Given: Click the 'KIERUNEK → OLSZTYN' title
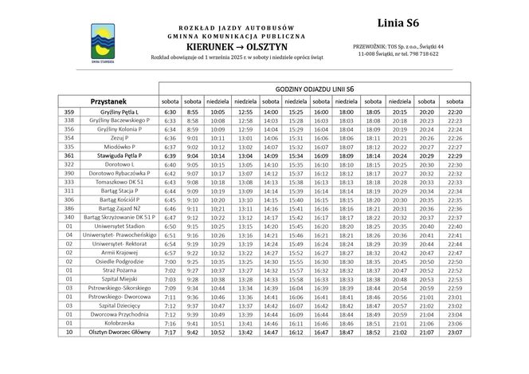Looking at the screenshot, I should click(237, 47).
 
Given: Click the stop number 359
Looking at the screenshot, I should click(69, 112).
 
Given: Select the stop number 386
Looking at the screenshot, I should click(69, 208).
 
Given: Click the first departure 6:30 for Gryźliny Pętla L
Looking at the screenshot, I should click(170, 112).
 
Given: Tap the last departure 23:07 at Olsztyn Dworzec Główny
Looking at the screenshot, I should click(455, 332).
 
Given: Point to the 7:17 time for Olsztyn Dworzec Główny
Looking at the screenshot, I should click(170, 332).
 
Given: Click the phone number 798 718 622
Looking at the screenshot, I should click(421, 54).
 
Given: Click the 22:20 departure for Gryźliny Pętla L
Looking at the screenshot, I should click(455, 112).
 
